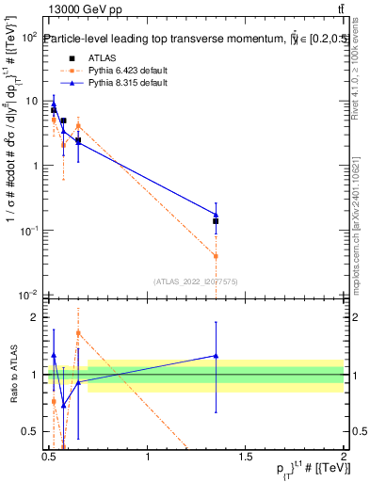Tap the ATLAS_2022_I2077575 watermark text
pos(196,281)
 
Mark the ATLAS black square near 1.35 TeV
pos(216,221)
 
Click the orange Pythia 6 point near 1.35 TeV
pos(216,256)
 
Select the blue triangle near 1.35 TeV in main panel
pos(216,215)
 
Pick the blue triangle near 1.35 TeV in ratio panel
pos(216,356)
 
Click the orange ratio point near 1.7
pos(78,332)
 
